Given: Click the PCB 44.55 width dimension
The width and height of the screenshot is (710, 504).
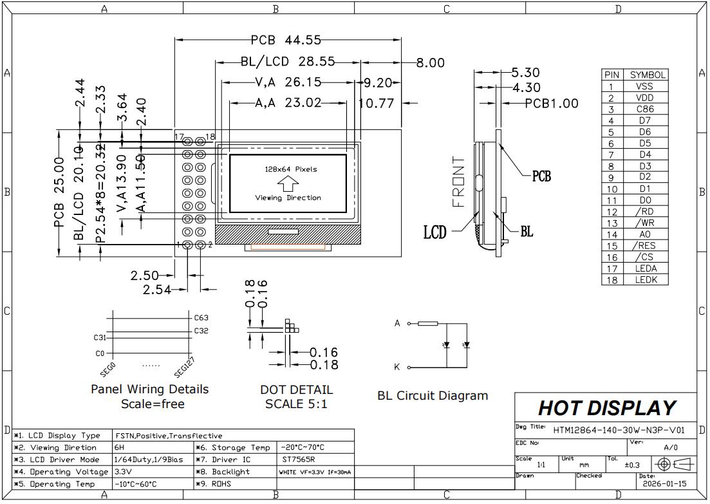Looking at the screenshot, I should [286, 40].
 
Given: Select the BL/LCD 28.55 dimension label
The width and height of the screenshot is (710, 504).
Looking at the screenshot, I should [288, 62].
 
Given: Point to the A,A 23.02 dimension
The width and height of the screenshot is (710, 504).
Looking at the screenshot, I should [288, 102].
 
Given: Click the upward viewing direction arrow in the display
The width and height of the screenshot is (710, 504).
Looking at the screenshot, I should [291, 183].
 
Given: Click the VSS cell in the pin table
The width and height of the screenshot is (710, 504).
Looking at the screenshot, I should [644, 86].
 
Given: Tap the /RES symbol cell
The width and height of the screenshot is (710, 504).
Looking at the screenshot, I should [644, 246].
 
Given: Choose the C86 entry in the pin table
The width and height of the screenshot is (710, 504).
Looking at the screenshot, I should [644, 109].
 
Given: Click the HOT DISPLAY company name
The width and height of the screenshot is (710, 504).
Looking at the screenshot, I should [606, 408].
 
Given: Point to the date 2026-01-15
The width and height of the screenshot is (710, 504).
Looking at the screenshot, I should [662, 483].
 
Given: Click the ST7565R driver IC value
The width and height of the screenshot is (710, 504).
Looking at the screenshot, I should [299, 460].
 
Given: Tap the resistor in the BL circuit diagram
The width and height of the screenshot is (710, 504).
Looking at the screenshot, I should [427, 323].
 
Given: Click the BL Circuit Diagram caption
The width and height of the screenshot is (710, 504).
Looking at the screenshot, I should [433, 396].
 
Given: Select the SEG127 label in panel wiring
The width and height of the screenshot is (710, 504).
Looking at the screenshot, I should [184, 367].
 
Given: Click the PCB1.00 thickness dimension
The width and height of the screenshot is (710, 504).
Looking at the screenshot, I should [551, 103].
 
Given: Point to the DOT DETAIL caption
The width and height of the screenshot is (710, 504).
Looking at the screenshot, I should [297, 390].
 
